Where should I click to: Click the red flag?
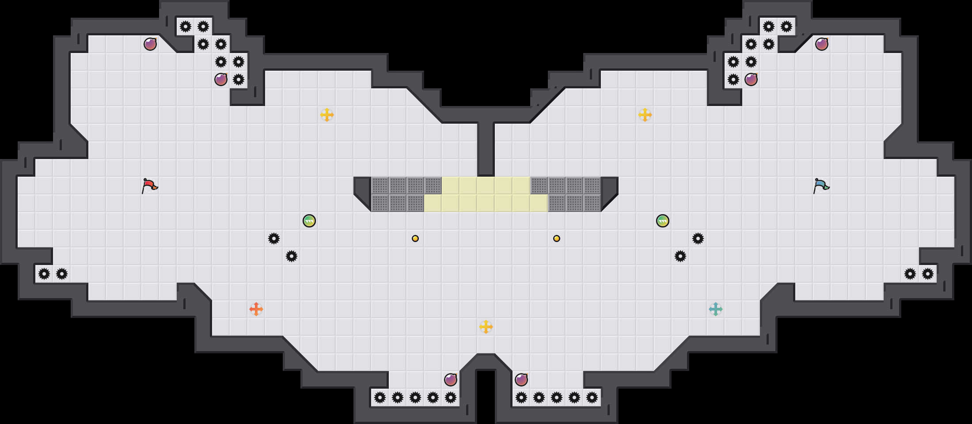[x=150, y=185]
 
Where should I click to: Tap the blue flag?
[x=821, y=185]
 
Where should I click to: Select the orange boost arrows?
[x=256, y=309]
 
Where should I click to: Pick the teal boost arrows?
[x=716, y=309]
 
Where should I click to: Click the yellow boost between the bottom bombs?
[x=486, y=327]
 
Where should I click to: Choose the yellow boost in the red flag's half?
[x=327, y=115]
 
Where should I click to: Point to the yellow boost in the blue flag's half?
[x=645, y=115]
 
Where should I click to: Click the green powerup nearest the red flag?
[x=309, y=221]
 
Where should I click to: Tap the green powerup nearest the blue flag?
[x=663, y=221]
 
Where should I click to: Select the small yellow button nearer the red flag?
[x=415, y=238]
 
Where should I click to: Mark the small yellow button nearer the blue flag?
[x=557, y=238]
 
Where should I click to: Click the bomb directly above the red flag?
[x=150, y=44]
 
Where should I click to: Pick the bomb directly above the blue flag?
[x=822, y=44]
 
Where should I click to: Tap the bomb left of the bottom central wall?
[x=451, y=380]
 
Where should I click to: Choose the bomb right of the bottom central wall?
[x=521, y=380]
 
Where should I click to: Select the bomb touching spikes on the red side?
[x=221, y=79]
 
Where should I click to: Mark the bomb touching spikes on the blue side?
[x=751, y=79]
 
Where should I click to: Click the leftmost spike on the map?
[x=44, y=274]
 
